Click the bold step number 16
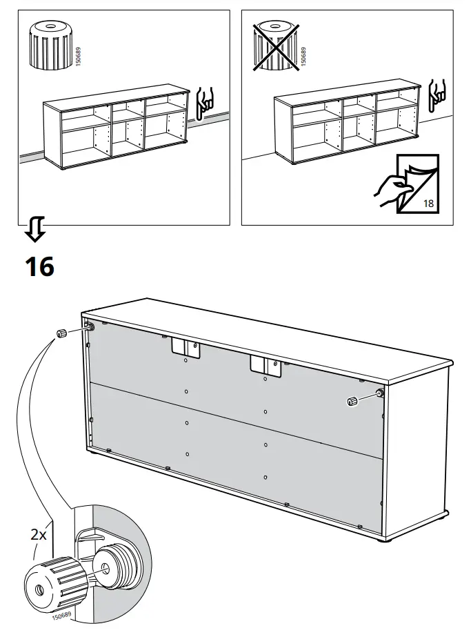39,266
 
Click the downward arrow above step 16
35,230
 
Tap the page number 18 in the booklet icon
428,203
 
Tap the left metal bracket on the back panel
186,349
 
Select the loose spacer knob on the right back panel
352,401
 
